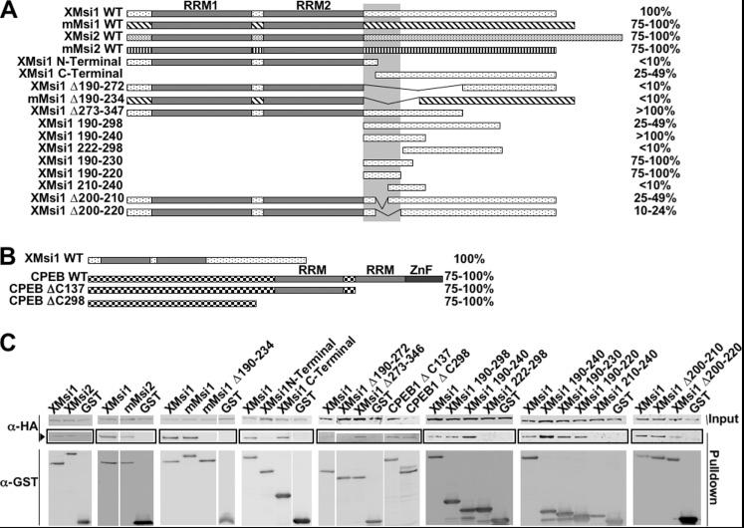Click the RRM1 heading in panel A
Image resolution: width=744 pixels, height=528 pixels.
tap(200, 6)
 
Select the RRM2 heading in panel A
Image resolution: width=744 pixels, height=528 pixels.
tap(312, 6)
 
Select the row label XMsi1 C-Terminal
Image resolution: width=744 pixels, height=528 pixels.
tap(70, 74)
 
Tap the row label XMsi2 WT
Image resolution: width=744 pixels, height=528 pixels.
tap(93, 35)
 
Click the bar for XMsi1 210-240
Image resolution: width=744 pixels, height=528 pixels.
tap(406, 187)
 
